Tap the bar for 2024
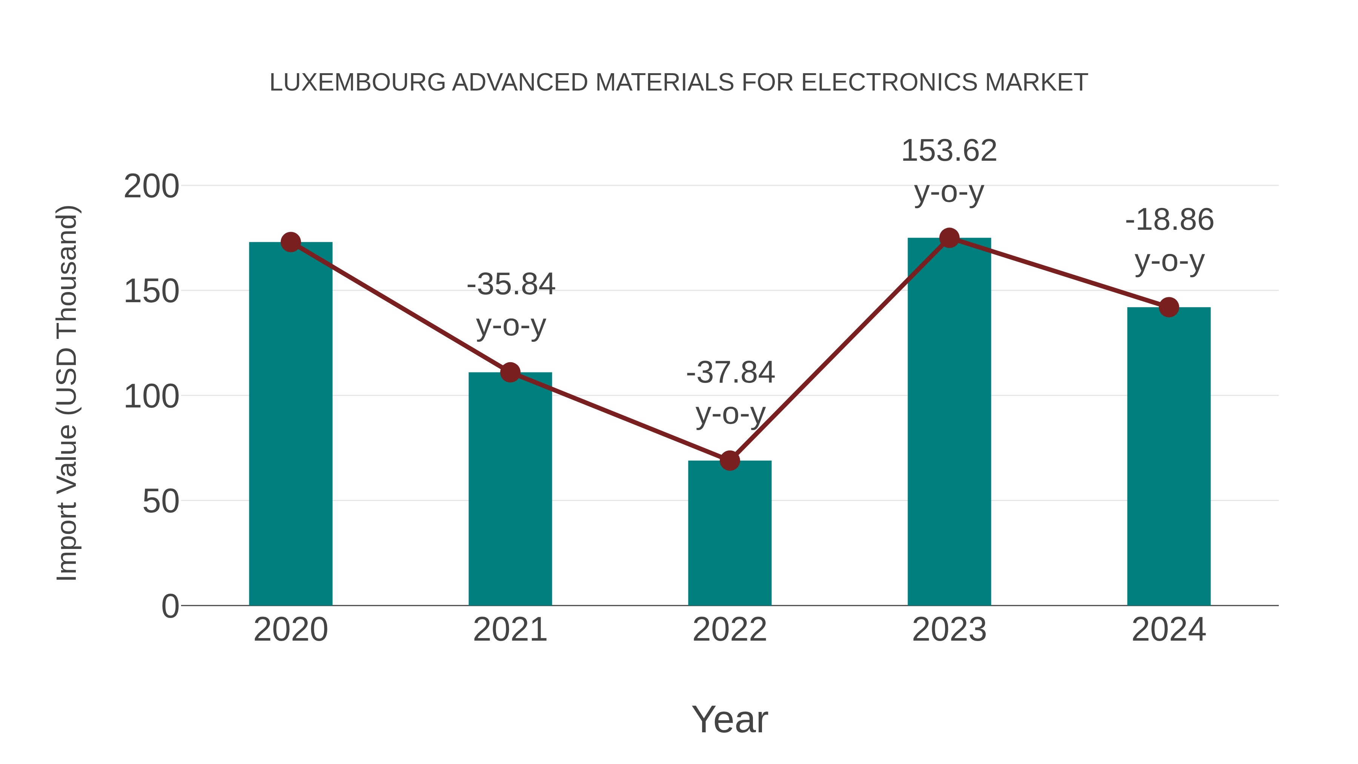1169,459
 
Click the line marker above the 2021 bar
510,373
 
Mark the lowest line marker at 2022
730,461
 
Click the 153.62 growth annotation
949,151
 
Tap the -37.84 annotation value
730,373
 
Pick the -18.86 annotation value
1169,220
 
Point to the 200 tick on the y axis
151,187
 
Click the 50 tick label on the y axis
160,501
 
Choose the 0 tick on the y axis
170,606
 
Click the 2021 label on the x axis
510,630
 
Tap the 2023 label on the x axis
949,630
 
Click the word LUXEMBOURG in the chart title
357,83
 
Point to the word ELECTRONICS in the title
889,83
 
